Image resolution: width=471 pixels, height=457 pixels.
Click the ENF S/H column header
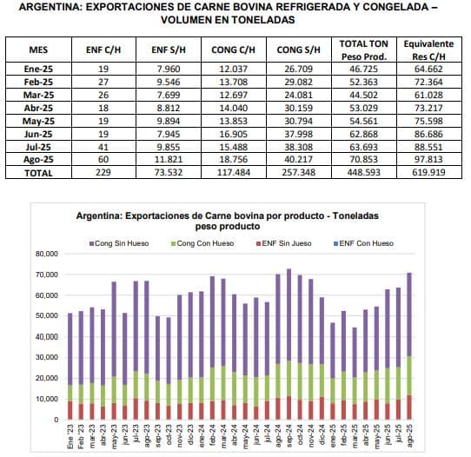[x=169, y=50]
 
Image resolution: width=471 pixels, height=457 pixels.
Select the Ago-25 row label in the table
[x=38, y=160]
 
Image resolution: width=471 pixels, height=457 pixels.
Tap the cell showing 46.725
[x=363, y=69]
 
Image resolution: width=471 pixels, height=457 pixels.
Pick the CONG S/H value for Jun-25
[x=299, y=134]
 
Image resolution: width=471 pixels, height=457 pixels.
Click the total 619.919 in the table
[x=428, y=172]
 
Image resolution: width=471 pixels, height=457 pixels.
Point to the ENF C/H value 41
[x=103, y=147]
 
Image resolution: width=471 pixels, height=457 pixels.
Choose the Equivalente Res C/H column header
[x=428, y=50]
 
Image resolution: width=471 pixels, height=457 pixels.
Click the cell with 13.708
[x=234, y=82]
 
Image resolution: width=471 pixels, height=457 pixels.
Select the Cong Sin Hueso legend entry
[x=119, y=243]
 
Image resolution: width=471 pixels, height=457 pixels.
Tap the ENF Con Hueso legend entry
[x=364, y=243]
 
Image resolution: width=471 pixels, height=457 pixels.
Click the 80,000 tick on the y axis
[x=47, y=254]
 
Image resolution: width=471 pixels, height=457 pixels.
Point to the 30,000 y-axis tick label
[x=47, y=357]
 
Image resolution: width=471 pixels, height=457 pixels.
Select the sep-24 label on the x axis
[x=289, y=435]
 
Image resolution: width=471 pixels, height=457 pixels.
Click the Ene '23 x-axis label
[x=70, y=436]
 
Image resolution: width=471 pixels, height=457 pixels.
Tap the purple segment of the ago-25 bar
[x=409, y=315]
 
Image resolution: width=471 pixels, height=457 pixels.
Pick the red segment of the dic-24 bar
[x=322, y=408]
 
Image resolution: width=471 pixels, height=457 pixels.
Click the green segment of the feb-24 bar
[x=212, y=384]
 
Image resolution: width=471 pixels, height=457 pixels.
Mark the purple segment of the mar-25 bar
[x=355, y=353]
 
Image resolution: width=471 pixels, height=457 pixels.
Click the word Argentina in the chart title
[x=98, y=215]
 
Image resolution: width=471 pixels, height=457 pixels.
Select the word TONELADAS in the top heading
[x=263, y=20]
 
